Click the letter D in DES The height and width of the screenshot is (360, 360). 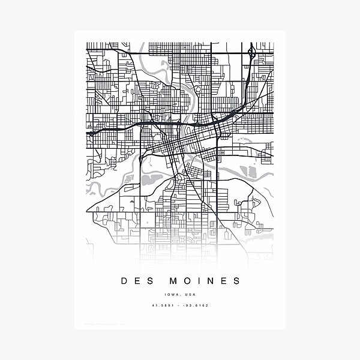click(x=125, y=281)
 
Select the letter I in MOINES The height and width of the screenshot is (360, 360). click(x=199, y=281)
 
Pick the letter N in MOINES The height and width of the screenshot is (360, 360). click(x=211, y=281)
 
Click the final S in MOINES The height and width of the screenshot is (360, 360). click(x=236, y=281)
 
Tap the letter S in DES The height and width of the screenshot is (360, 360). click(x=151, y=281)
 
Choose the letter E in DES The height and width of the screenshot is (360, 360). click(x=138, y=281)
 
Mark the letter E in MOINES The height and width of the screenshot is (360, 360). click(x=224, y=281)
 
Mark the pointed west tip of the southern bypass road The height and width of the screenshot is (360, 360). click(x=88, y=211)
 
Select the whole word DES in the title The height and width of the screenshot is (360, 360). click(x=138, y=281)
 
